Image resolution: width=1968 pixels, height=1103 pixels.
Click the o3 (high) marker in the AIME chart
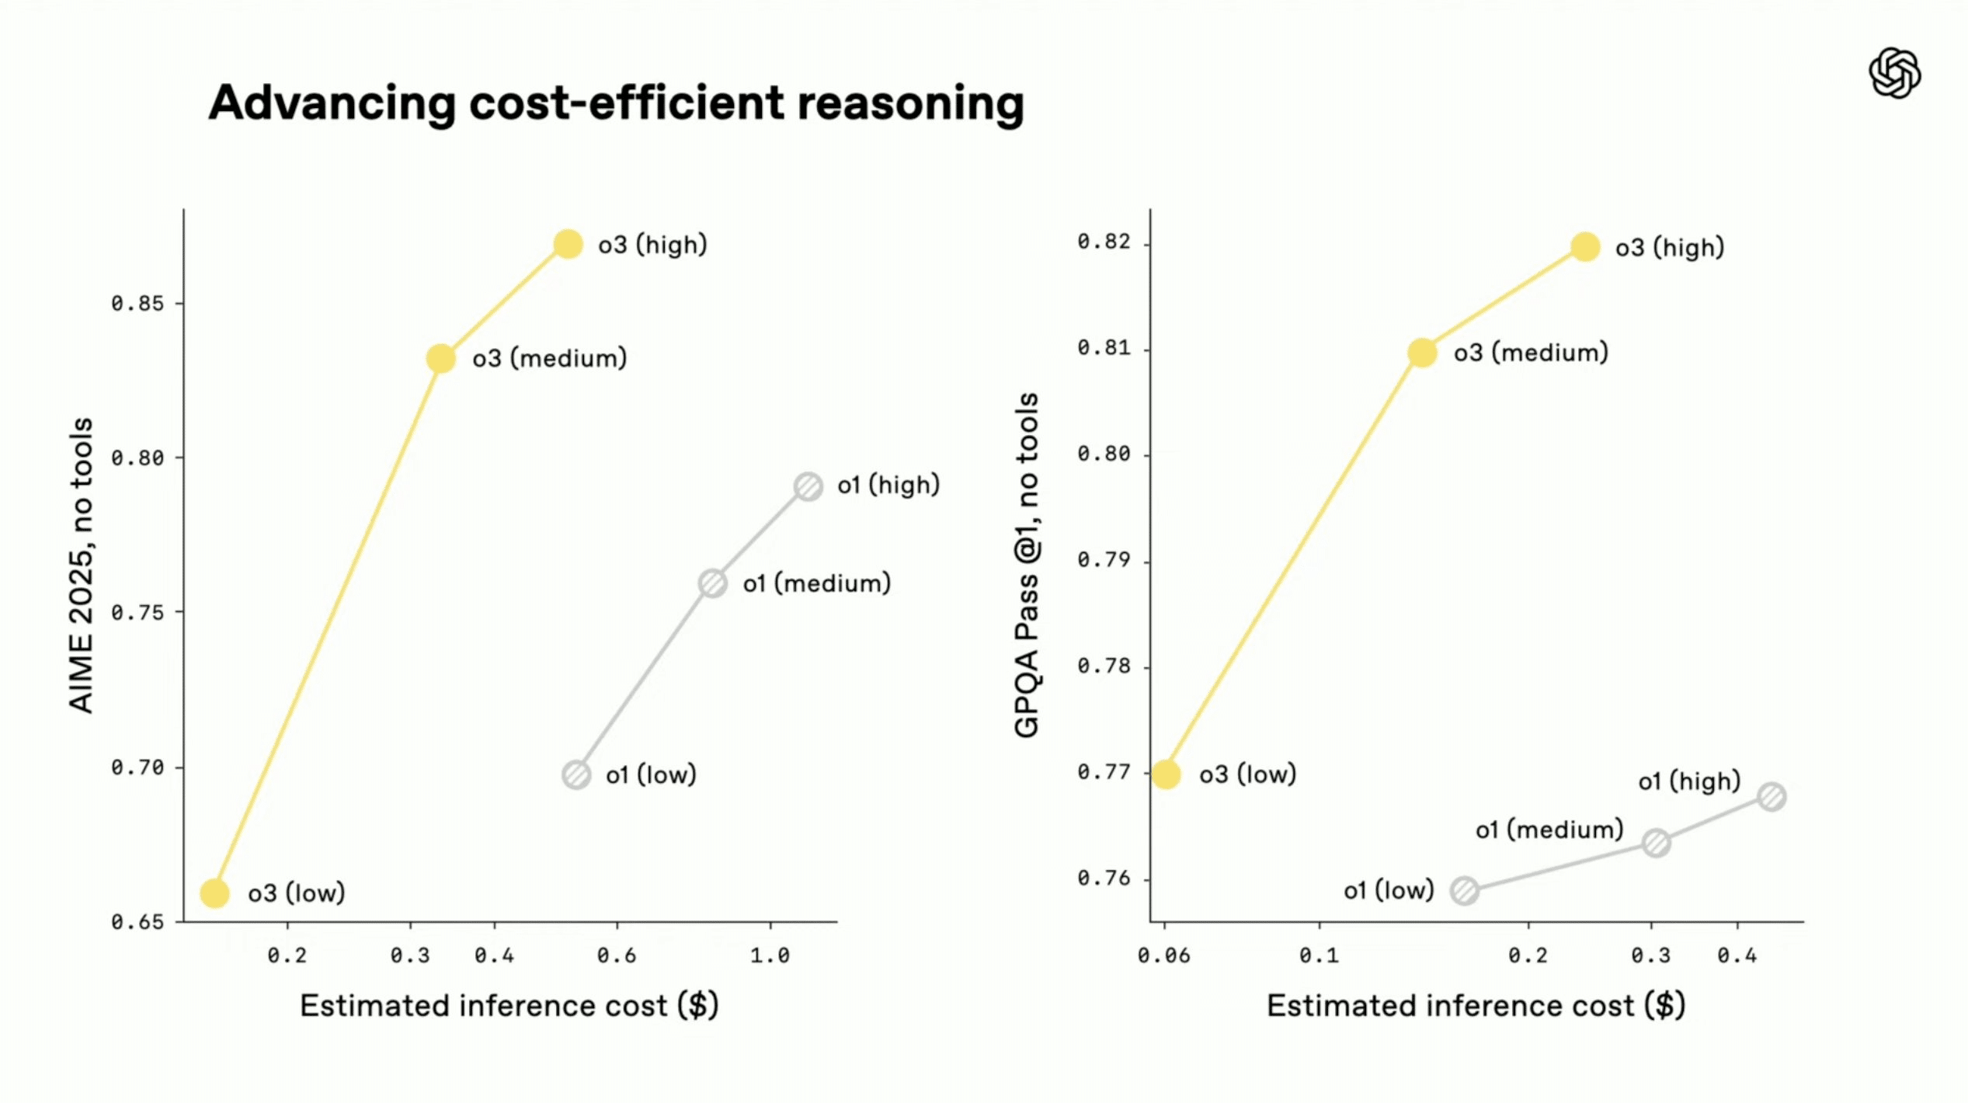click(568, 244)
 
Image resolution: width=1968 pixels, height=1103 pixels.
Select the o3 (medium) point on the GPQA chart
click(1421, 353)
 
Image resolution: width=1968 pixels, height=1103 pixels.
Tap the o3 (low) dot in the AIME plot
click(214, 893)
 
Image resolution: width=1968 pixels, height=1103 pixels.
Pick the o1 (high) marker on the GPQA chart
click(1772, 797)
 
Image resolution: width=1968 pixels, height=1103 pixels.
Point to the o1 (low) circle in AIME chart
click(575, 774)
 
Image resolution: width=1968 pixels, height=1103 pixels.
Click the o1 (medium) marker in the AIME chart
click(712, 583)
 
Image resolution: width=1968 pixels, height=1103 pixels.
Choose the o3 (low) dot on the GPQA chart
click(1166, 774)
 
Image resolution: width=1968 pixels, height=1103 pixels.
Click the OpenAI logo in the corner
click(1894, 74)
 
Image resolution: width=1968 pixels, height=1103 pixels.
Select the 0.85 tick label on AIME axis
click(137, 304)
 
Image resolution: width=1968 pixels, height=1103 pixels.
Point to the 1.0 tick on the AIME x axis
click(770, 955)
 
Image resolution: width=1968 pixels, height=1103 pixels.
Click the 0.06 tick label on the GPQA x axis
click(1163, 955)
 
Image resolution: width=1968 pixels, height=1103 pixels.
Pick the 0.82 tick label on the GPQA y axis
click(1104, 242)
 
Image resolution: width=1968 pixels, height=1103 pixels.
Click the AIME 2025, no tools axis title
click(82, 565)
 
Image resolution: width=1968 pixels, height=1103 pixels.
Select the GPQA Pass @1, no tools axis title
click(1027, 565)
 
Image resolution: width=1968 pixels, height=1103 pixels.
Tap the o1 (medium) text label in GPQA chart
click(1549, 830)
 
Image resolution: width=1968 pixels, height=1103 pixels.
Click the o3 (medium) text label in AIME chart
click(549, 358)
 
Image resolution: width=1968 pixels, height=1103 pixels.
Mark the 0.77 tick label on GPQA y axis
click(1104, 772)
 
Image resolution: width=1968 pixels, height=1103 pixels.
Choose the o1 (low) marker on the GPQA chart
click(1464, 890)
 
